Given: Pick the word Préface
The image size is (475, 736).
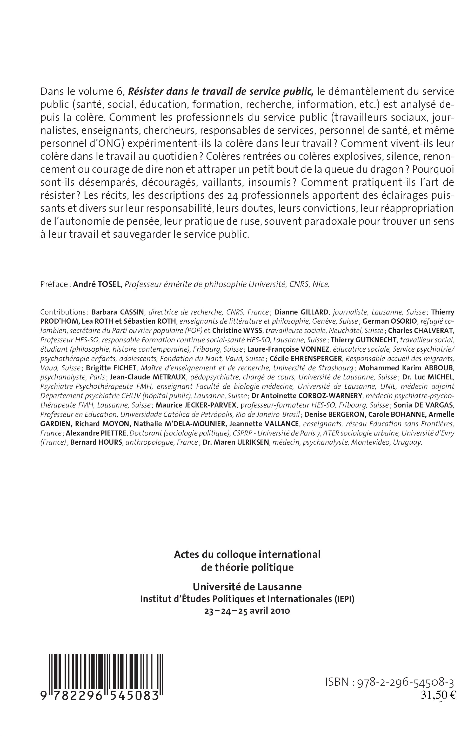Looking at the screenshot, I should (54, 284).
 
